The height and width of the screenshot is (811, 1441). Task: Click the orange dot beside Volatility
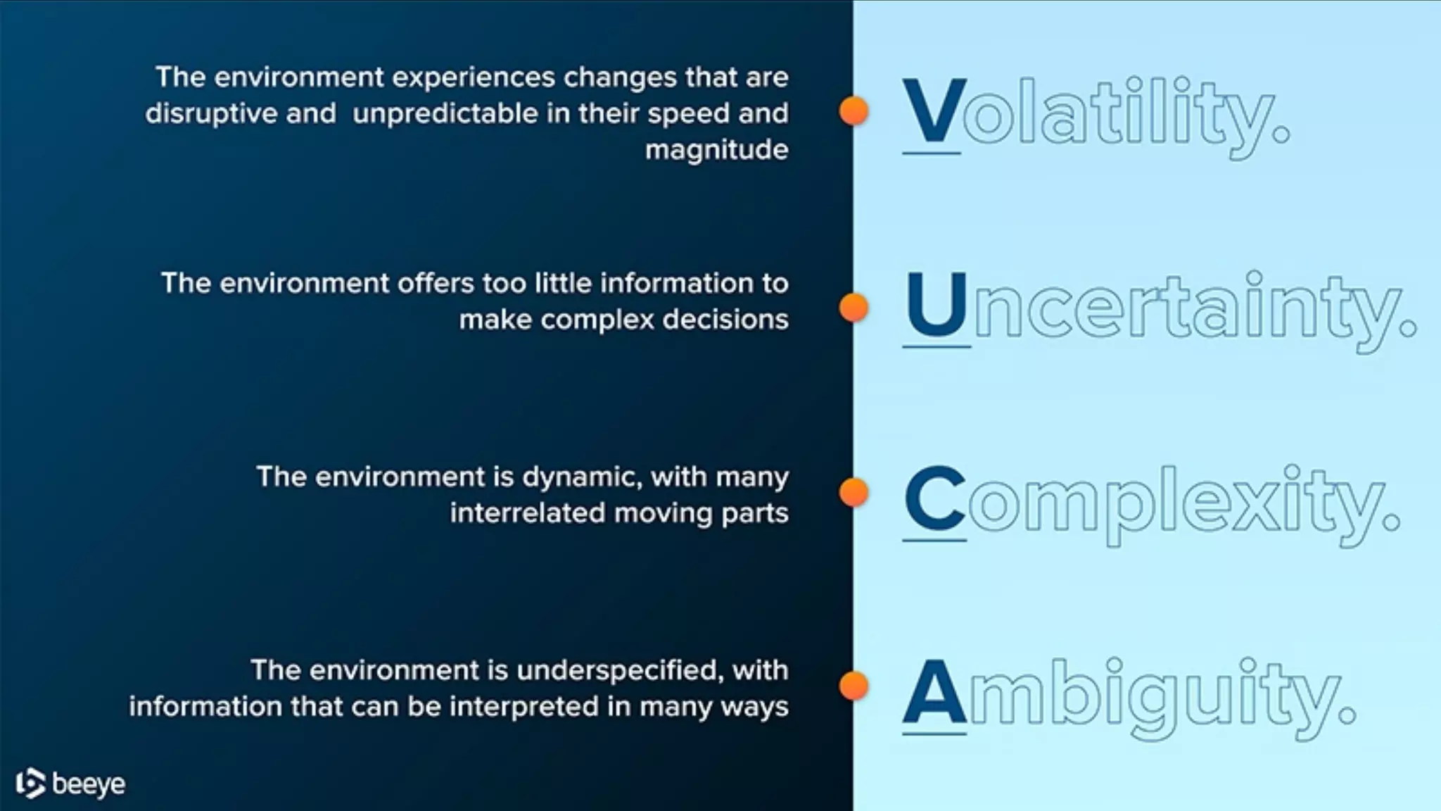[853, 111]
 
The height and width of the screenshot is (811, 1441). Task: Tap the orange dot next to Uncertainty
[853, 308]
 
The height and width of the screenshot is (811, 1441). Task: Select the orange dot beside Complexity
[853, 493]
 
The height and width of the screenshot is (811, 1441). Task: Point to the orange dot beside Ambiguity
[853, 686]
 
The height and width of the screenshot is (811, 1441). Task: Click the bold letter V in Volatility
[932, 111]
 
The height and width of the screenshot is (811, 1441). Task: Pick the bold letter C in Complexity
[935, 498]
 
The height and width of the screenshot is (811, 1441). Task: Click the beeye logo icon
[30, 784]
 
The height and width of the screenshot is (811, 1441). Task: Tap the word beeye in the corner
[89, 784]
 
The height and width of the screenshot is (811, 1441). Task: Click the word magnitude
[716, 150]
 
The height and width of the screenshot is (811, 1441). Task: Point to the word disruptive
[211, 113]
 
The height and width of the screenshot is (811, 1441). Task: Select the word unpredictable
[445, 113]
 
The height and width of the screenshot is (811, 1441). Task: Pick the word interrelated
[527, 513]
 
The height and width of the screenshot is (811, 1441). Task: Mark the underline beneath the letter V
[931, 152]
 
